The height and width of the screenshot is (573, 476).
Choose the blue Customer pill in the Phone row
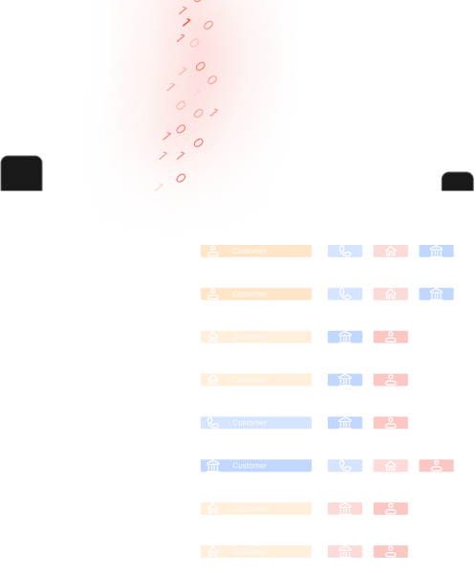(x=255, y=423)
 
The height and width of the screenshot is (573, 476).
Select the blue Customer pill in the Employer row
(x=255, y=466)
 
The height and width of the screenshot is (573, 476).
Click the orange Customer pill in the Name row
(x=255, y=251)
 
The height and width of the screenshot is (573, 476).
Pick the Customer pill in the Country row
(x=255, y=380)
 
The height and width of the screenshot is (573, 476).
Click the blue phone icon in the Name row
(x=345, y=252)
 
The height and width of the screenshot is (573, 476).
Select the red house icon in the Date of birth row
(x=390, y=294)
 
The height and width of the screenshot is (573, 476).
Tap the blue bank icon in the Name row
(x=436, y=252)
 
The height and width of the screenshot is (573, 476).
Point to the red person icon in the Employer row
(x=436, y=466)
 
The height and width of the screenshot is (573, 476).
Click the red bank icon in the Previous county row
(x=345, y=509)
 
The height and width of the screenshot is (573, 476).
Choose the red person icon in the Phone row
(x=390, y=423)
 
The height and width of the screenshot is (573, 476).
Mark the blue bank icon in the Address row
(x=345, y=337)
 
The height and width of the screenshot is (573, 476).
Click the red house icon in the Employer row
(x=390, y=466)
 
